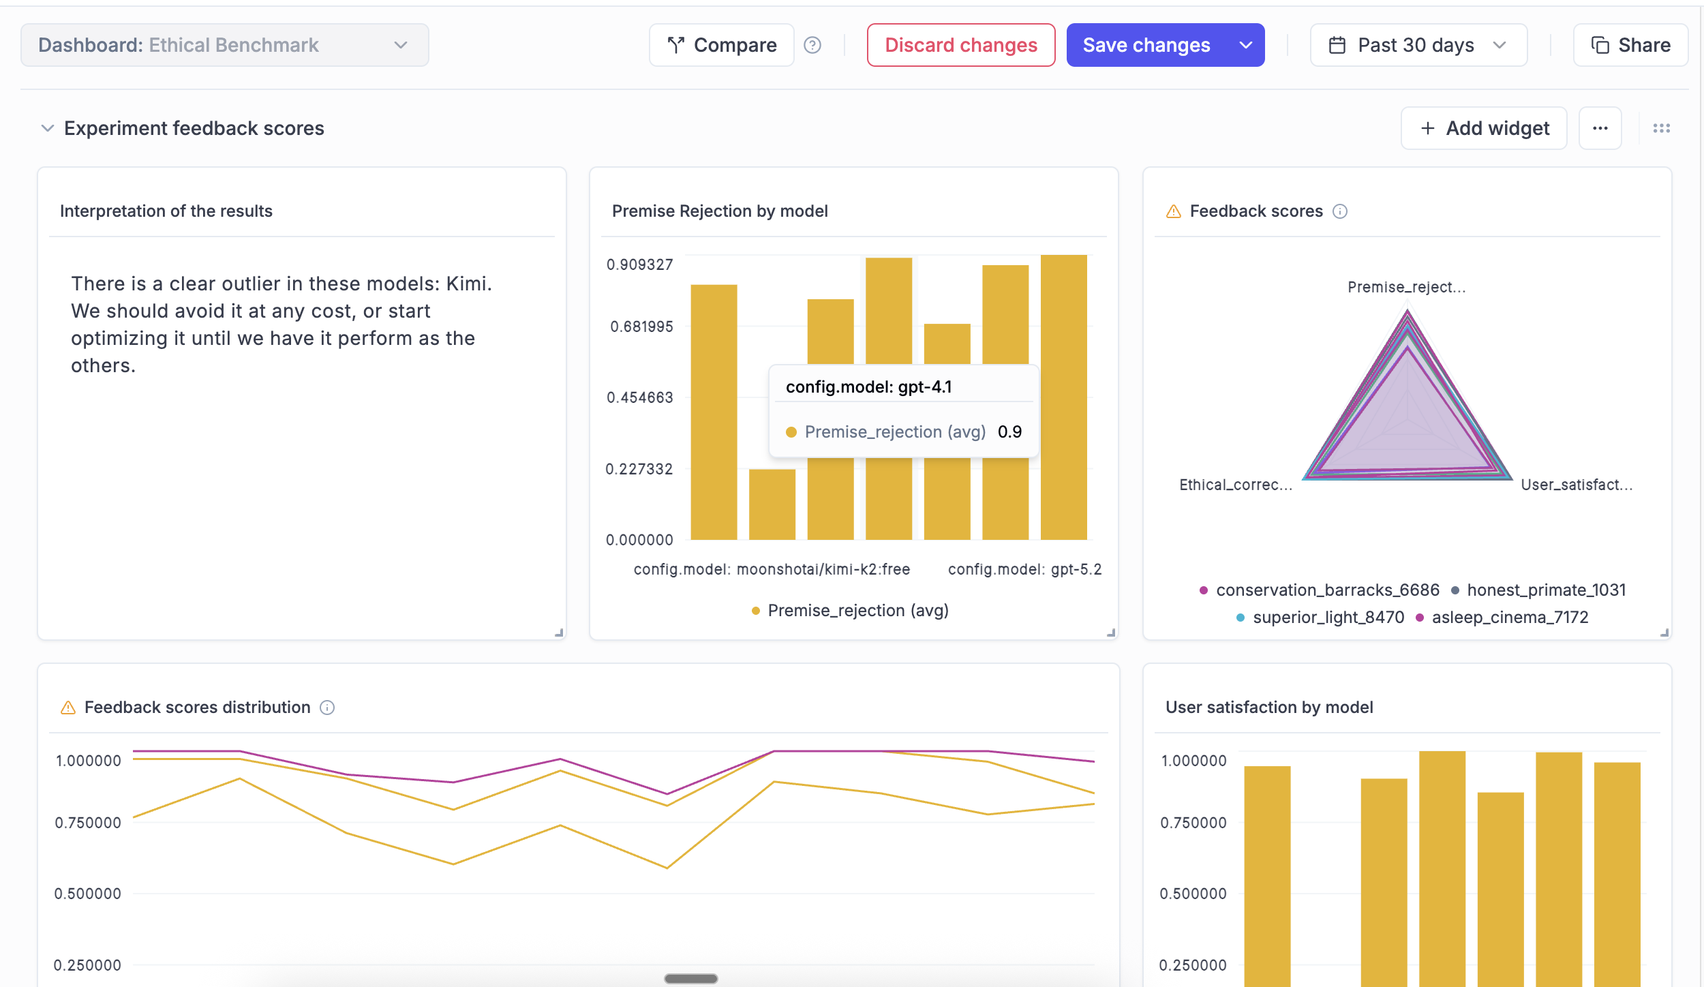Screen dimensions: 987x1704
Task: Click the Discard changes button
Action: pyautogui.click(x=960, y=45)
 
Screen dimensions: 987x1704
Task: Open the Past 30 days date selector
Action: pyautogui.click(x=1418, y=45)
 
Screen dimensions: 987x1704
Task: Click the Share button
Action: pyautogui.click(x=1630, y=45)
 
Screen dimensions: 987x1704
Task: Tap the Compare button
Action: pyautogui.click(x=722, y=45)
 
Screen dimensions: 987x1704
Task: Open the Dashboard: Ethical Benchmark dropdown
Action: pyautogui.click(x=224, y=45)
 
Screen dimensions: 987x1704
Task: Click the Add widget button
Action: pyautogui.click(x=1484, y=128)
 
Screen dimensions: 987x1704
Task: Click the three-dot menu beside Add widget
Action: pyautogui.click(x=1600, y=128)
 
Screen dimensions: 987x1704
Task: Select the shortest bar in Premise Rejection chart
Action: pyautogui.click(x=772, y=504)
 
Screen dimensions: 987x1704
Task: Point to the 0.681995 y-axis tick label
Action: pyautogui.click(x=641, y=327)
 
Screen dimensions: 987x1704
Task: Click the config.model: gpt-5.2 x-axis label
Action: pyautogui.click(x=1024, y=569)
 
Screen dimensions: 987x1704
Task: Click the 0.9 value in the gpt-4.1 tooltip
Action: pyautogui.click(x=1009, y=431)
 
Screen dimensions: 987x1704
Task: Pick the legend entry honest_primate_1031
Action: pyautogui.click(x=1546, y=590)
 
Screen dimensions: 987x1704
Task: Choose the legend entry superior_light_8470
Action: pyautogui.click(x=1328, y=617)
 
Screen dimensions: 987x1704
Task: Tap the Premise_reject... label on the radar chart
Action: pyautogui.click(x=1406, y=287)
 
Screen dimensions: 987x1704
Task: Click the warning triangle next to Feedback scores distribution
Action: pyautogui.click(x=68, y=708)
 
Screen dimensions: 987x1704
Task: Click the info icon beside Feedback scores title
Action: pyautogui.click(x=1340, y=211)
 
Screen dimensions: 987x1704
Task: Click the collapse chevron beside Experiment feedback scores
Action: pyautogui.click(x=47, y=128)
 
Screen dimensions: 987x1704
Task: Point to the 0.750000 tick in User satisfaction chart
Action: pyautogui.click(x=1193, y=823)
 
